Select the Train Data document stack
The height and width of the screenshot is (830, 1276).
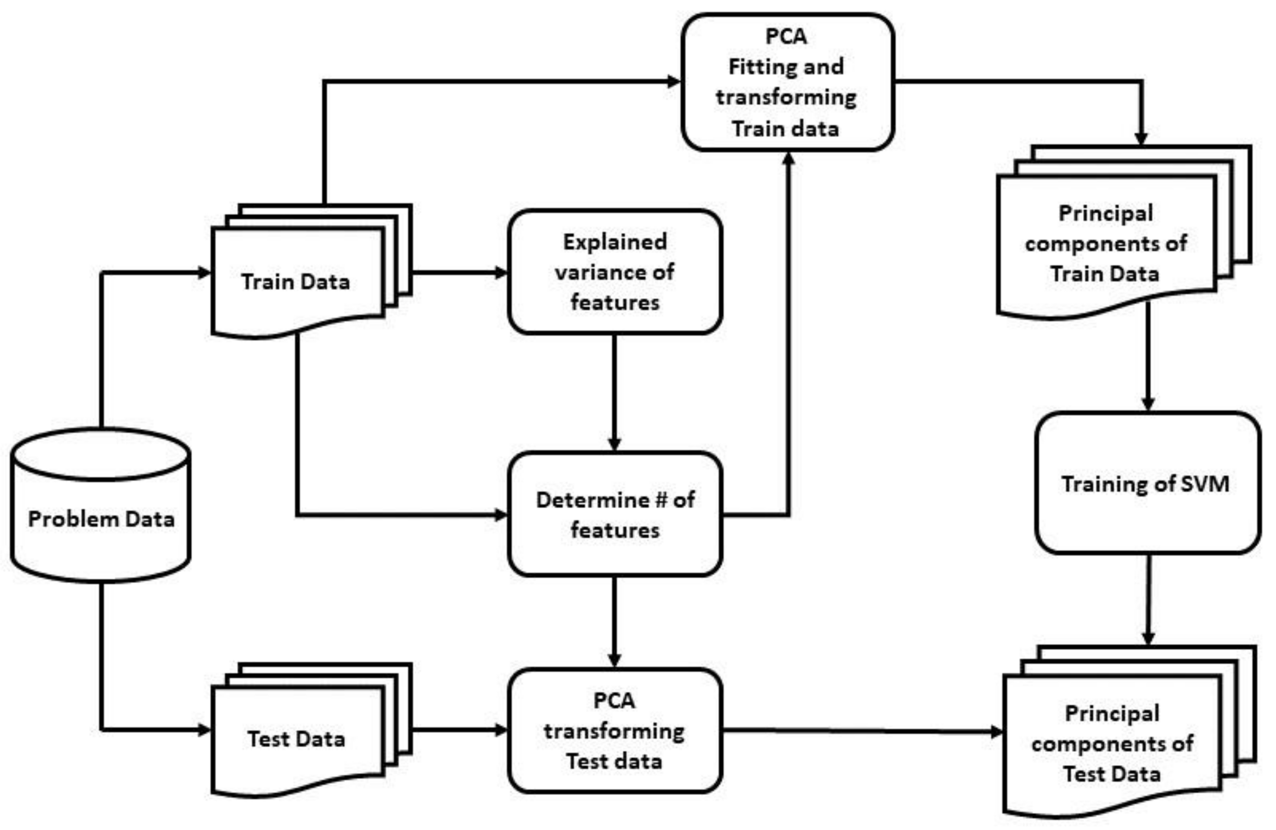coord(297,279)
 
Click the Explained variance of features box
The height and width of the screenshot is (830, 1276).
coord(615,272)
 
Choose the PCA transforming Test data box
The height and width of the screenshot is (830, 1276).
coord(615,730)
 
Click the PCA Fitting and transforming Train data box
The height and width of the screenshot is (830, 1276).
coord(787,82)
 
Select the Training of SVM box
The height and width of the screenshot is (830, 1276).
coord(1147,483)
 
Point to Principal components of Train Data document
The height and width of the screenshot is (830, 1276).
coord(1106,244)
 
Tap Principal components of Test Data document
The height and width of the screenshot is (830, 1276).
coord(1111,743)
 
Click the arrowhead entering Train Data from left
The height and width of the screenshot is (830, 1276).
coord(204,273)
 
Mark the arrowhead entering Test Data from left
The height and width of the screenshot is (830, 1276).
coord(204,730)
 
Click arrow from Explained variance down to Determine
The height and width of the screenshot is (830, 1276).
coord(614,391)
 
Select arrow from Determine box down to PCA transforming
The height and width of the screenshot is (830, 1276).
coord(614,622)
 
